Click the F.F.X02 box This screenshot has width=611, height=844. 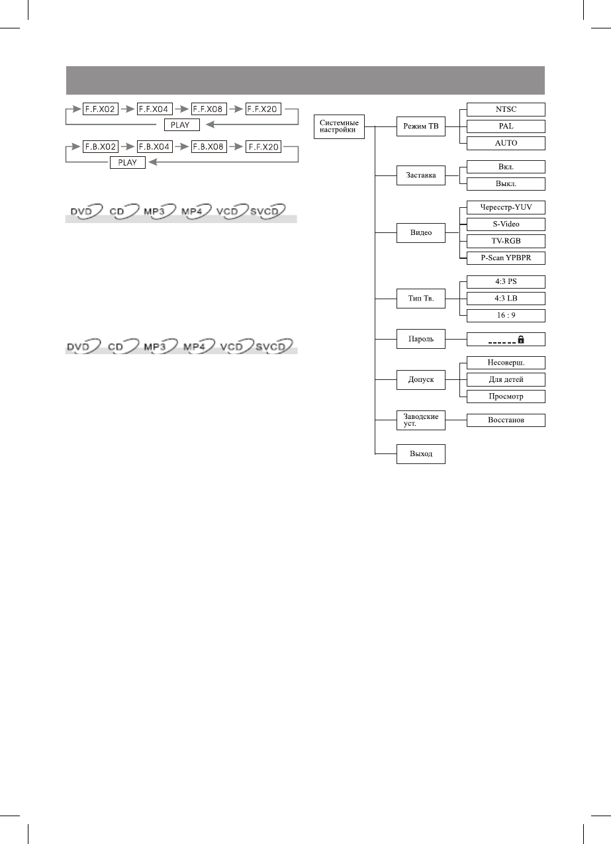click(100, 110)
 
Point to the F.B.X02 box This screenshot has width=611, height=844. click(100, 147)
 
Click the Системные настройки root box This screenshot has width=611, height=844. click(339, 126)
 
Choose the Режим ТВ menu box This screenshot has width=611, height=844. click(420, 126)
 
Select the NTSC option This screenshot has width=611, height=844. click(505, 109)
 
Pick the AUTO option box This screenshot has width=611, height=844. click(505, 142)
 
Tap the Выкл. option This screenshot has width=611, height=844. click(505, 183)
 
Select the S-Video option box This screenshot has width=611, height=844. click(505, 224)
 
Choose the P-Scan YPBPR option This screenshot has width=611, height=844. click(505, 257)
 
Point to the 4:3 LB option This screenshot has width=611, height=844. click(505, 298)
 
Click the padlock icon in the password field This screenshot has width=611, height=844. click(522, 339)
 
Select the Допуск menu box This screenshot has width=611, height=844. click(420, 380)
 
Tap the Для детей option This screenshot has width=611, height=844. click(505, 379)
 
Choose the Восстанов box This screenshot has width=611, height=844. click(505, 420)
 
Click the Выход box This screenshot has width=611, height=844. click(420, 454)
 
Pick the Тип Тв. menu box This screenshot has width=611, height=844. click(420, 299)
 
